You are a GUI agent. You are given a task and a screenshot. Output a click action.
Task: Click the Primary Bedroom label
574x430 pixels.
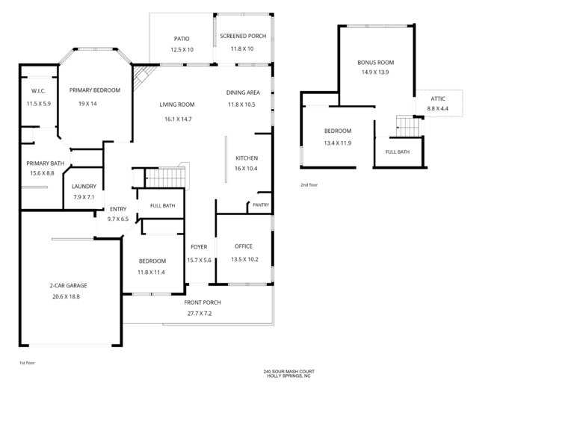[x=95, y=90]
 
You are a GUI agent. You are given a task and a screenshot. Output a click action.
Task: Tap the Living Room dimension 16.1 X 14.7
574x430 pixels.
[x=178, y=119]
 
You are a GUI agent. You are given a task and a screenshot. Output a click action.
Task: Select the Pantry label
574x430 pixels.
[x=261, y=205]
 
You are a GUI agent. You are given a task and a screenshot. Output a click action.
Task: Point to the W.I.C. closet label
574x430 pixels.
[x=38, y=91]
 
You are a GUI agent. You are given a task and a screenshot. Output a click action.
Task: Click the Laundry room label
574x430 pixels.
[x=84, y=187]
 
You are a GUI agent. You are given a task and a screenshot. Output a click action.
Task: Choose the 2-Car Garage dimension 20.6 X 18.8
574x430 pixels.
[x=66, y=297]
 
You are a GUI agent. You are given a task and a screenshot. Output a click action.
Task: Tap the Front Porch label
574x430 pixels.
[x=203, y=303]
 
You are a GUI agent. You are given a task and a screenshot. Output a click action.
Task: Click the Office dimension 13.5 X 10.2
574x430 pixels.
[x=244, y=260]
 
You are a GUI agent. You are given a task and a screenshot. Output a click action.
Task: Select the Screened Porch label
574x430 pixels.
[x=243, y=36]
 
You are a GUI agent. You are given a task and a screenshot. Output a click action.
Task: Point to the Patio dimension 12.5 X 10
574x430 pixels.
[x=182, y=50]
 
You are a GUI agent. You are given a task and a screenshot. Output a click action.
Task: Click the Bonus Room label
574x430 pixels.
[x=376, y=63]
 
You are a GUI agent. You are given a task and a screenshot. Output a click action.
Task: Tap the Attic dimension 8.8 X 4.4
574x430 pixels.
[x=437, y=108]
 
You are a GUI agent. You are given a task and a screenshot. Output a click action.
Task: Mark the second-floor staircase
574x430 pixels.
[x=408, y=126]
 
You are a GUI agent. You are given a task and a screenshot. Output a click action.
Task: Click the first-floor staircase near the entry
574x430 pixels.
[x=165, y=178]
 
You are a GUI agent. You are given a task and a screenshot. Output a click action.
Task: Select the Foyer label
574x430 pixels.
[x=199, y=247]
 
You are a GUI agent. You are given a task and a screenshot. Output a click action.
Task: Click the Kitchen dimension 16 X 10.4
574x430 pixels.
[x=246, y=169]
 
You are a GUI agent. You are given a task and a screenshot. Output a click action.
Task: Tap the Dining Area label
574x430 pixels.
[x=243, y=93]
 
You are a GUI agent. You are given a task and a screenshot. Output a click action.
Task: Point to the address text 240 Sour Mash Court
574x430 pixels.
[x=288, y=372]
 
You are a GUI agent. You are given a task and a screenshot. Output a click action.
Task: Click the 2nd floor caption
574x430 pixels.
[x=309, y=185]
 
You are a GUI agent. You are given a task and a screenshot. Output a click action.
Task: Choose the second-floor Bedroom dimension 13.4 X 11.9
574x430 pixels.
[x=338, y=143]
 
